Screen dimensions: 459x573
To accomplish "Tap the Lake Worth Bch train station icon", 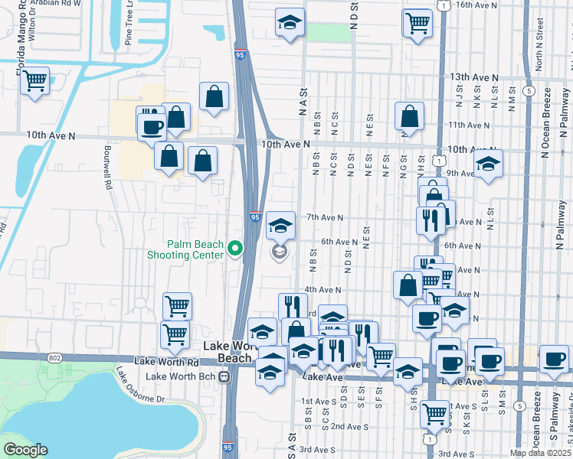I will (x=224, y=376).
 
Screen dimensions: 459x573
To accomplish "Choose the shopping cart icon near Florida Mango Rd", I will (x=34, y=80).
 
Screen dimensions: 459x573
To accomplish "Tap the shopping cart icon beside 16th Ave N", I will (x=416, y=22).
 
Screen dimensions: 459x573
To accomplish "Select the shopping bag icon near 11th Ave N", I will (x=410, y=116).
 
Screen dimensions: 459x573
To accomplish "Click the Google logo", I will (x=25, y=449).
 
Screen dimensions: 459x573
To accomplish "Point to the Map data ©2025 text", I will (x=541, y=453).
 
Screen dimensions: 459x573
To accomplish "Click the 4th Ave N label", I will (x=322, y=290).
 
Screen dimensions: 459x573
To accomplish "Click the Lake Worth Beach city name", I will (x=228, y=352).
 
